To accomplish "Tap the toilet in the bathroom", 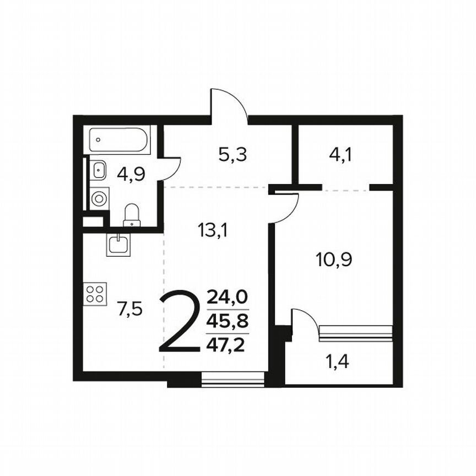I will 132,215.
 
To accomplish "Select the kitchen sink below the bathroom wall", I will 118,244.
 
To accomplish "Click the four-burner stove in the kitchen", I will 95,294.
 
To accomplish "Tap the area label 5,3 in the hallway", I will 232,155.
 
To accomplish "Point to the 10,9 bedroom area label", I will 334,258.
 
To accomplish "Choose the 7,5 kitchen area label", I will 130,309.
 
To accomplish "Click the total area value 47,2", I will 227,345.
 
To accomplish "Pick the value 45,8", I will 227,321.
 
